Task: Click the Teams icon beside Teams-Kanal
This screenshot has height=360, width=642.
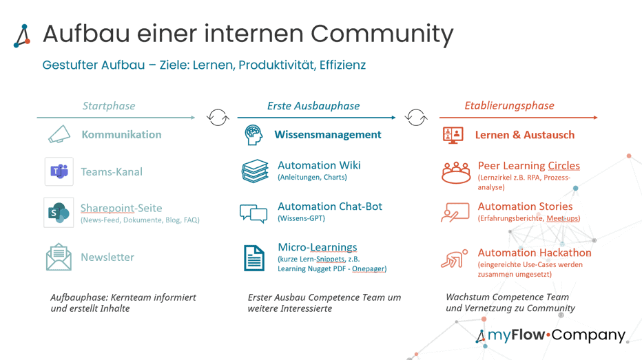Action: tap(59, 171)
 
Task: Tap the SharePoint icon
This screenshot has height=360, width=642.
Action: tap(59, 213)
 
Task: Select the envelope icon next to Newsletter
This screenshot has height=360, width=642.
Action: tap(59, 257)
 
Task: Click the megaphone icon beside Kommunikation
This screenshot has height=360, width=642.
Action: tap(59, 134)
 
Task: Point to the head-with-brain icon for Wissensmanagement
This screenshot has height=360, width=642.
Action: tap(254, 135)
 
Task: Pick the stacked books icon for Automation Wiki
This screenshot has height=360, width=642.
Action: tap(255, 171)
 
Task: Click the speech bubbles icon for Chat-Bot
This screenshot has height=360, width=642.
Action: tap(253, 213)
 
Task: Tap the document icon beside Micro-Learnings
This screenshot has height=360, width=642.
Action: tap(254, 258)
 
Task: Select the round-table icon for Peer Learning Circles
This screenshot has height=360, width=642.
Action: tap(455, 172)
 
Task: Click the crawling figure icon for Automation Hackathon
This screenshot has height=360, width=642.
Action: tap(454, 260)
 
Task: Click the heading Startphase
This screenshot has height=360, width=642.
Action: tap(109, 106)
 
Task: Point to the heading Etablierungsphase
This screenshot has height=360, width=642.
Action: tap(509, 106)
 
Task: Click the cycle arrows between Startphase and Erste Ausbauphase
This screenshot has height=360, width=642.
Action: tap(218, 118)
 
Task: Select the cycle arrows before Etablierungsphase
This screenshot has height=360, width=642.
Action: tap(416, 118)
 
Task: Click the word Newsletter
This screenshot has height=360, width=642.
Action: tap(107, 257)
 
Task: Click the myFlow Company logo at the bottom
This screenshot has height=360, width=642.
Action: tap(550, 335)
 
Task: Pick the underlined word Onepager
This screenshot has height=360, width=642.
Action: tap(368, 268)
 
